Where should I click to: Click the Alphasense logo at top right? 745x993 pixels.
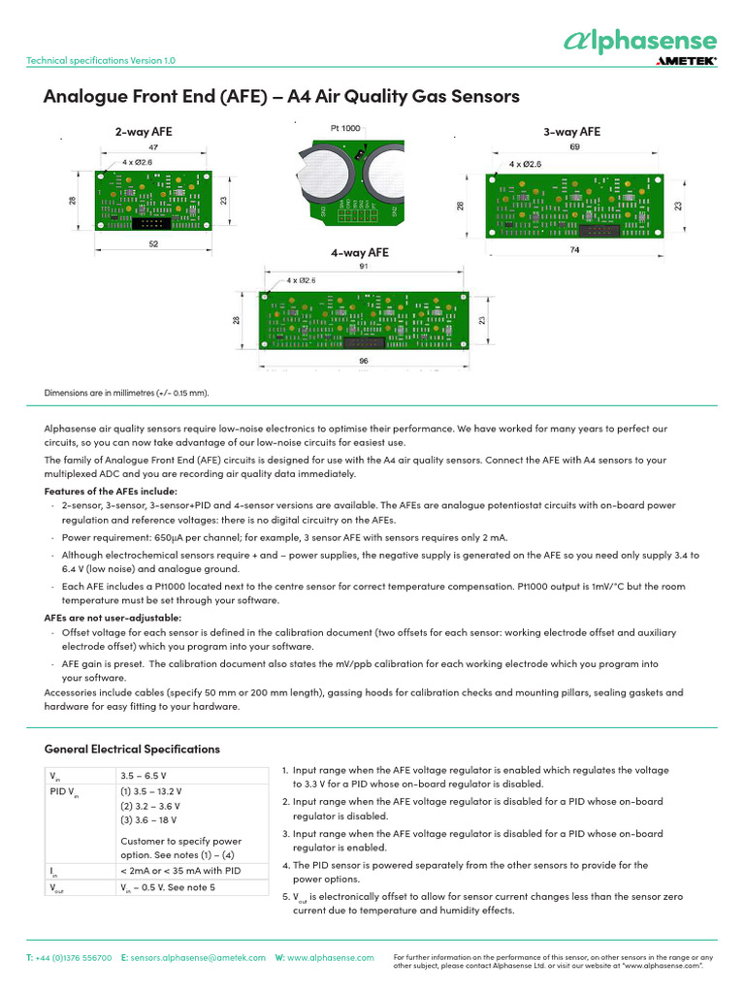(x=639, y=41)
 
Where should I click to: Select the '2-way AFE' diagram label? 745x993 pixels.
(x=143, y=132)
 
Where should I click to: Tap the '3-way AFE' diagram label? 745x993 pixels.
(x=572, y=132)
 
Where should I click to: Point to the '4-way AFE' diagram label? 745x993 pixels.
(x=359, y=252)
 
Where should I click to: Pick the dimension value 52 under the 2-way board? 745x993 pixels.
(x=154, y=244)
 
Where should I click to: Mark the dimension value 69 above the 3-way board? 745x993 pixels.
(x=574, y=146)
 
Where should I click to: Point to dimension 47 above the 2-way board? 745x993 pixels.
(x=153, y=147)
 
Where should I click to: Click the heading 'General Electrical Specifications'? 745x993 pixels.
(x=132, y=749)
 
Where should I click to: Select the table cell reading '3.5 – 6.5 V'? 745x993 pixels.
(x=144, y=776)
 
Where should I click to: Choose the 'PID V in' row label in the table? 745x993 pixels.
(x=64, y=791)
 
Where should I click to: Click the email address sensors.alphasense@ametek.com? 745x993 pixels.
(x=198, y=957)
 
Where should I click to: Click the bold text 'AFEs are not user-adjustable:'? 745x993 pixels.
(x=113, y=617)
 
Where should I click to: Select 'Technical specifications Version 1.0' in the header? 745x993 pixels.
(x=101, y=60)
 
